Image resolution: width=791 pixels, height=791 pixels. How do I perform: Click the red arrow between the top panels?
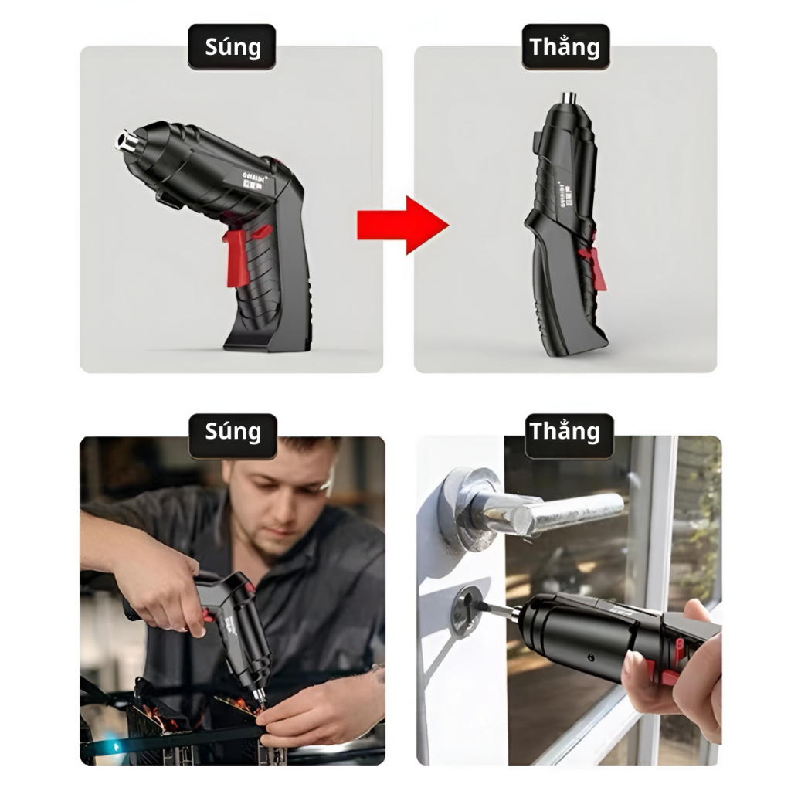coord(402,225)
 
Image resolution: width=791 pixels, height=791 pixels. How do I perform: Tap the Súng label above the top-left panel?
coord(232,47)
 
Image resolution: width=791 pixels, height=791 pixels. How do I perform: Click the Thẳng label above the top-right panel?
coord(565,47)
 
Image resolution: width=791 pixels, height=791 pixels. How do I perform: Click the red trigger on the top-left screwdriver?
coord(236,257)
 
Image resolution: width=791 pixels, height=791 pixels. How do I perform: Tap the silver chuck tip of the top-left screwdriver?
coord(125,141)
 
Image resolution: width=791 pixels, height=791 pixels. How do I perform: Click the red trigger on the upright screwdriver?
coord(596,267)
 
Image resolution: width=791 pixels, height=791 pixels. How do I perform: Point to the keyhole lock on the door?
coord(467,609)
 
